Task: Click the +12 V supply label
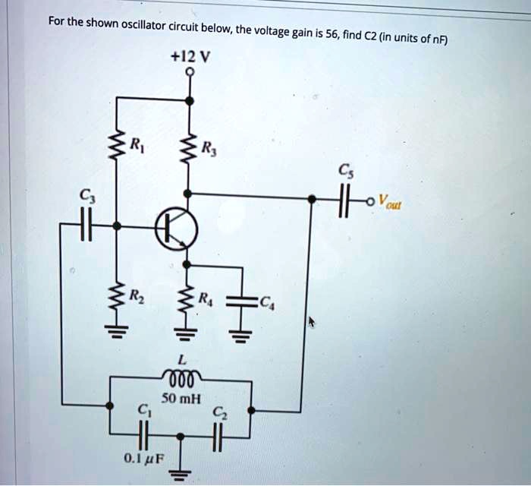191,57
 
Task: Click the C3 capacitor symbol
86,224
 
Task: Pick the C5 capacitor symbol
344,200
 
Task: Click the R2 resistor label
137,295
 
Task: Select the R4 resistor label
206,298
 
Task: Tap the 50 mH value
181,398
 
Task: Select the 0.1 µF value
143,458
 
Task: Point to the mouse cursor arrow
312,322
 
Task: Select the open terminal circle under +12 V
191,72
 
